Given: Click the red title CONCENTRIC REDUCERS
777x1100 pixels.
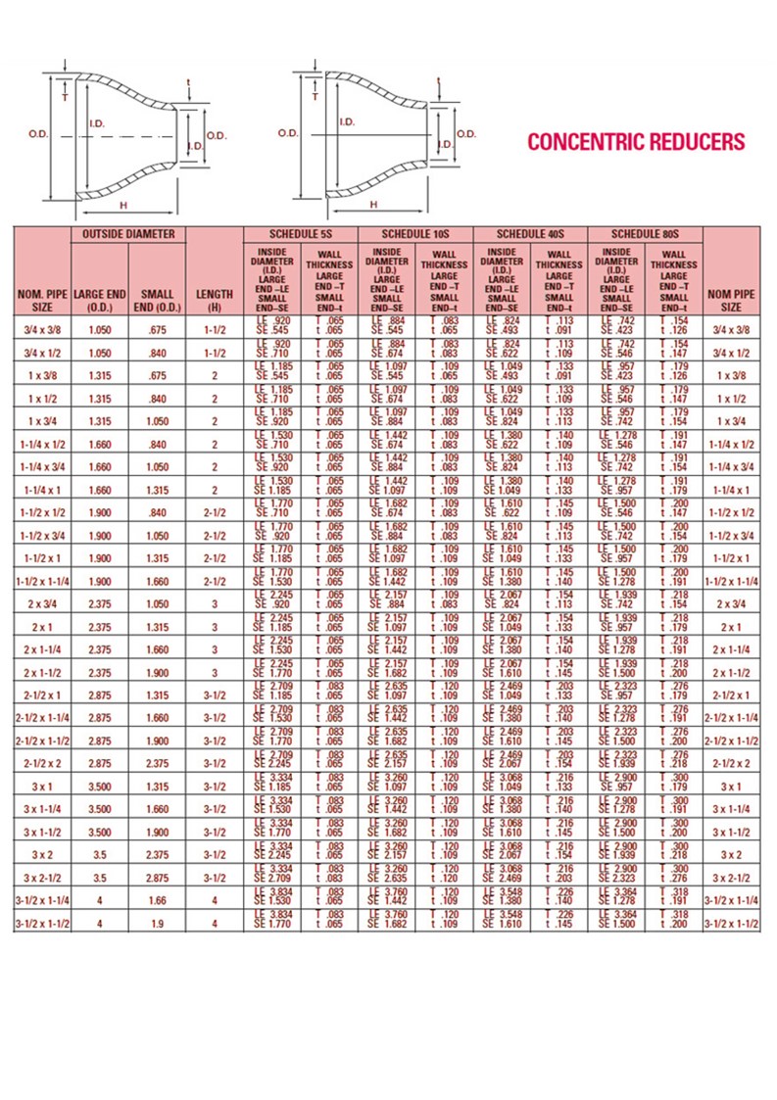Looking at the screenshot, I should pos(636,142).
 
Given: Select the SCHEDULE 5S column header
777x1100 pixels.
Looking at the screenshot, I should pos(299,234).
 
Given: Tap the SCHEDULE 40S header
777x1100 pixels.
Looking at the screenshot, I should pos(529,234).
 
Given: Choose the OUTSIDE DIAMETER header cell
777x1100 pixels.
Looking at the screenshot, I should pos(127,234).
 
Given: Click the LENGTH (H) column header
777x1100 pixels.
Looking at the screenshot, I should pos(214,299).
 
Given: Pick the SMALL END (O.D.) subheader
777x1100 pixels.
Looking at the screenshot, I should pos(157,299).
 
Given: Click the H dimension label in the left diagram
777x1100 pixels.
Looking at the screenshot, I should pos(123,205).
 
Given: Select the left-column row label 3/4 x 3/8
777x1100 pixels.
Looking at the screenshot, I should pos(42,330).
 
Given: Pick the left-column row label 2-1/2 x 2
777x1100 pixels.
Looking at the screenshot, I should pos(42,762).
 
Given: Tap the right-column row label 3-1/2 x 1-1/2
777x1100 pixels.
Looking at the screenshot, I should pos(732,922).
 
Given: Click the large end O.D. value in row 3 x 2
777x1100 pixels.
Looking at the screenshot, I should pos(100,853).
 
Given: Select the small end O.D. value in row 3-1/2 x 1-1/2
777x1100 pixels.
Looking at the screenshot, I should pos(157,922).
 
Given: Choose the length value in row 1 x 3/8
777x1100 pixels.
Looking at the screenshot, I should pos(214,375).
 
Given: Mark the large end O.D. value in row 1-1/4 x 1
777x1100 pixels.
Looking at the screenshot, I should pos(100,489).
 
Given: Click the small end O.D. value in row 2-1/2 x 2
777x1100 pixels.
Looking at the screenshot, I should pos(157,762).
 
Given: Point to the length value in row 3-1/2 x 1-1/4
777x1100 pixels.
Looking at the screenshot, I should pos(214,899).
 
